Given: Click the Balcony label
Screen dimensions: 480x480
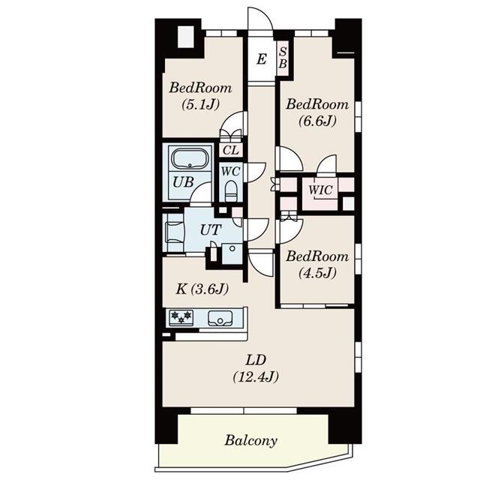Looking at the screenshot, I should (x=251, y=440).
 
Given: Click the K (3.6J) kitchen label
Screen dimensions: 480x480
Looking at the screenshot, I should (x=202, y=288).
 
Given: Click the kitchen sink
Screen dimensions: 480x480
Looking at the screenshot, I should (x=221, y=318).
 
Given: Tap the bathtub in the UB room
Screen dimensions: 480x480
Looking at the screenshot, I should (x=188, y=159).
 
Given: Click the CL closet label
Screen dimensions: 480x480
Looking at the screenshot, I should (x=230, y=149).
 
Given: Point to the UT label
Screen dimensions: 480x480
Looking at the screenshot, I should (x=210, y=229).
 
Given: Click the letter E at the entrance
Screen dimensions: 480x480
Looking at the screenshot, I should (x=261, y=59).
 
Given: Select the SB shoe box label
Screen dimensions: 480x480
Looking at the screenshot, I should (x=283, y=58).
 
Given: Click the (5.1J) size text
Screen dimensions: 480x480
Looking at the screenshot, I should (x=200, y=106).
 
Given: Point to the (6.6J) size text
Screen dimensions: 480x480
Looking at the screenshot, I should (x=317, y=121).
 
